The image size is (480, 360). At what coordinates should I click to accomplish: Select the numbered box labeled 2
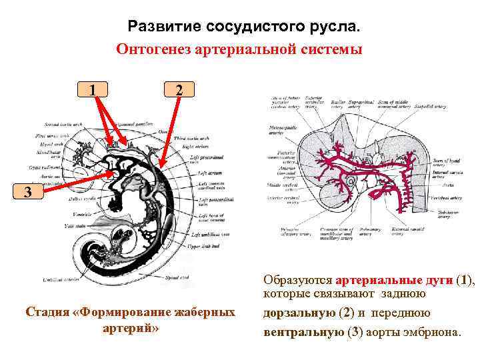177,89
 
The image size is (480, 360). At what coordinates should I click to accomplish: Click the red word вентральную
303,331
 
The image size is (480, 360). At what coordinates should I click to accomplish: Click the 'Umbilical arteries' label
56,279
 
